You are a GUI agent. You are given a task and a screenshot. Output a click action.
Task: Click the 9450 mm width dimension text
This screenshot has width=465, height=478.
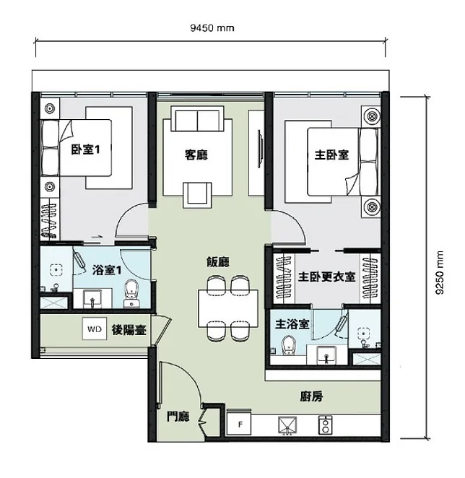pyautogui.click(x=212, y=28)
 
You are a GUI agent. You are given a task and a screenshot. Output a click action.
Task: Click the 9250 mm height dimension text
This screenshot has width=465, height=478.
pyautogui.click(x=440, y=272)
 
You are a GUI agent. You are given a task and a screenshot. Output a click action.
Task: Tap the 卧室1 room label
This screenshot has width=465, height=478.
pyautogui.click(x=85, y=149)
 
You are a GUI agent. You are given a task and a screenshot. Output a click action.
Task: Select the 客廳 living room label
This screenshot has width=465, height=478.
pyautogui.click(x=196, y=155)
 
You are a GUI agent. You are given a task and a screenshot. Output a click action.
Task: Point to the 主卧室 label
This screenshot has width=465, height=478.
pyautogui.click(x=331, y=155)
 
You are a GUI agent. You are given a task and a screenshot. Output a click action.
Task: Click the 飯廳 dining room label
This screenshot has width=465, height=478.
pyautogui.click(x=218, y=262)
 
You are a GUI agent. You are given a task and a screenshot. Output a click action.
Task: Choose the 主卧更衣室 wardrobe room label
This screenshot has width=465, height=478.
pyautogui.click(x=327, y=277)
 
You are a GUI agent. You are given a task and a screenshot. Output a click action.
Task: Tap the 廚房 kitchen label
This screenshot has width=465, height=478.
pyautogui.click(x=311, y=396)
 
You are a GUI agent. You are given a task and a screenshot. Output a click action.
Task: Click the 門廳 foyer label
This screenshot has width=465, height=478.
pyautogui.click(x=178, y=417)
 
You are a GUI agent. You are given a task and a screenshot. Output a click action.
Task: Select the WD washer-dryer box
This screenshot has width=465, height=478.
pyautogui.click(x=94, y=329)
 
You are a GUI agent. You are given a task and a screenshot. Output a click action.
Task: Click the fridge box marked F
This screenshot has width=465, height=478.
pyautogui.click(x=239, y=424)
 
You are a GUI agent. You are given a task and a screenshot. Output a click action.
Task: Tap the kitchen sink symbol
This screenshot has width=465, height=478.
pyautogui.click(x=287, y=425)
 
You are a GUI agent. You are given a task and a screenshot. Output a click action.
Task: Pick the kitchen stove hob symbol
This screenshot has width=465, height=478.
pyautogui.click(x=326, y=425)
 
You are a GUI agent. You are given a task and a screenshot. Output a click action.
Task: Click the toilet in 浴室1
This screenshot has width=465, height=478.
pyautogui.click(x=131, y=293)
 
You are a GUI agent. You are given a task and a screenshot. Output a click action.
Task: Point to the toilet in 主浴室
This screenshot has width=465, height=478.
pyautogui.click(x=288, y=345)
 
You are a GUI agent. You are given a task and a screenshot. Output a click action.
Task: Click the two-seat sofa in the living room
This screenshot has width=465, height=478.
pyautogui.click(x=197, y=118)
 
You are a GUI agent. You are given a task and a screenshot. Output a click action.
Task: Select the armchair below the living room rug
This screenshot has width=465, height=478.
pyautogui.click(x=197, y=195)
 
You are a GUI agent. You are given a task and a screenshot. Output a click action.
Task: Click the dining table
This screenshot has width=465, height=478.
pyautogui.click(x=228, y=308)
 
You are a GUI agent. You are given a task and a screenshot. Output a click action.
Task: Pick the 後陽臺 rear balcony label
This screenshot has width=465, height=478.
pyautogui.click(x=129, y=330)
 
